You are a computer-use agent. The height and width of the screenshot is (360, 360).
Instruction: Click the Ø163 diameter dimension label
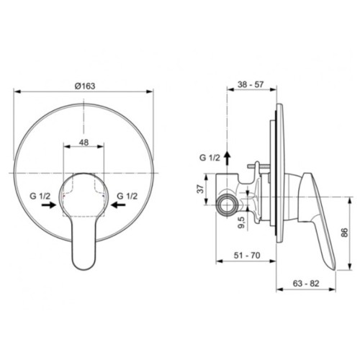coord(85,86)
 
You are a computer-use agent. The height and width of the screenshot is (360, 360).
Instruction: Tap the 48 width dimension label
coord(84,143)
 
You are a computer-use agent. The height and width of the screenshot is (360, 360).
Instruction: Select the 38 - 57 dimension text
coord(251,84)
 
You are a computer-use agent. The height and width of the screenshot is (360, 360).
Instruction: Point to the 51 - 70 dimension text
coord(247,256)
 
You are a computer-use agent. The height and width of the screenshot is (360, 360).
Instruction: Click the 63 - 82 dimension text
coord(306,284)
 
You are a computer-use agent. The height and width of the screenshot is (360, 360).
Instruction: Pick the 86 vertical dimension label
coord(344,233)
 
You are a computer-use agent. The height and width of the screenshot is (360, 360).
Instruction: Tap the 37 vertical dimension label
coord(202,189)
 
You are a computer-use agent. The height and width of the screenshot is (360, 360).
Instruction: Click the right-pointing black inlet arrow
coord(49,204)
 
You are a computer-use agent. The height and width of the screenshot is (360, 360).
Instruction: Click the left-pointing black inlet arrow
coord(118,204)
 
